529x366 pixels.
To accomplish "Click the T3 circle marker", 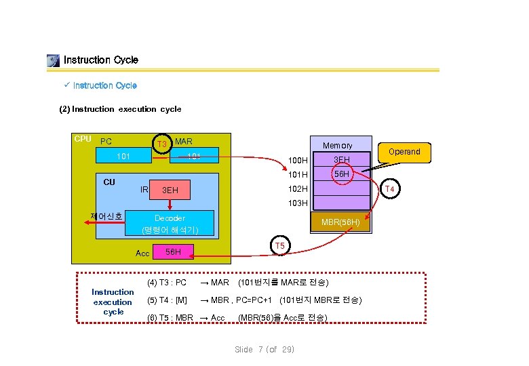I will click(x=161, y=144).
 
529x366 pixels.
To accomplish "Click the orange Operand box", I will click(x=404, y=152).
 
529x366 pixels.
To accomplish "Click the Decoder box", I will click(x=170, y=224).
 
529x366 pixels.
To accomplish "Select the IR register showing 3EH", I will click(x=182, y=190).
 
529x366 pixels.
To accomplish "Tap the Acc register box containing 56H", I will click(x=172, y=252).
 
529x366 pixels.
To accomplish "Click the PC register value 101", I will click(x=123, y=157).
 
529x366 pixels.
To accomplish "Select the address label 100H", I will click(x=298, y=161).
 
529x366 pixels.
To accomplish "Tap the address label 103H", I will click(x=298, y=203).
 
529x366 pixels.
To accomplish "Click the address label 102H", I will click(x=298, y=189).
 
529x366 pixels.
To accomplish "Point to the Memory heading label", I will click(x=337, y=146).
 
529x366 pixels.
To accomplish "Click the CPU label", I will click(x=83, y=139).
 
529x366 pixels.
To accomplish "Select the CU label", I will click(x=109, y=182).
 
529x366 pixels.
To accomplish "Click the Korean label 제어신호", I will click(x=106, y=217).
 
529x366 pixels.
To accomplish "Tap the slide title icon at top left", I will click(x=53, y=60).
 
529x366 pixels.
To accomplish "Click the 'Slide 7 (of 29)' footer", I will click(x=264, y=349).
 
